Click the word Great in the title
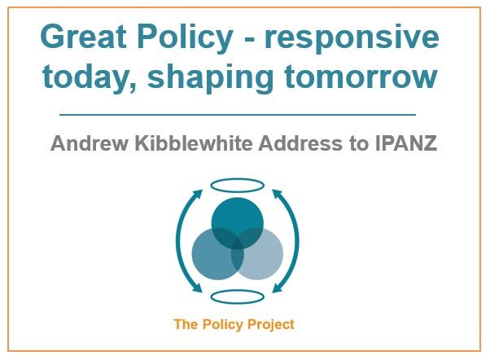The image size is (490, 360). [x=84, y=36]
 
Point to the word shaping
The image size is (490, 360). [x=211, y=78]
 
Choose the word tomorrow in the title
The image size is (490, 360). [x=361, y=77]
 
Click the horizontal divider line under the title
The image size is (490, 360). [x=238, y=115]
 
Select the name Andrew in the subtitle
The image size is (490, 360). [x=90, y=143]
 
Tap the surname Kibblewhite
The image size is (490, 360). [x=194, y=143]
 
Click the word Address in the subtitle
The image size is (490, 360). [x=300, y=143]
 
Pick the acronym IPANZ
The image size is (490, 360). [x=405, y=143]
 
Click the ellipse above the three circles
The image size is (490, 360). [x=238, y=179]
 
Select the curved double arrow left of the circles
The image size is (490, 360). [x=177, y=241]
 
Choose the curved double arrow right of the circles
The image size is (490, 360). [x=298, y=241]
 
